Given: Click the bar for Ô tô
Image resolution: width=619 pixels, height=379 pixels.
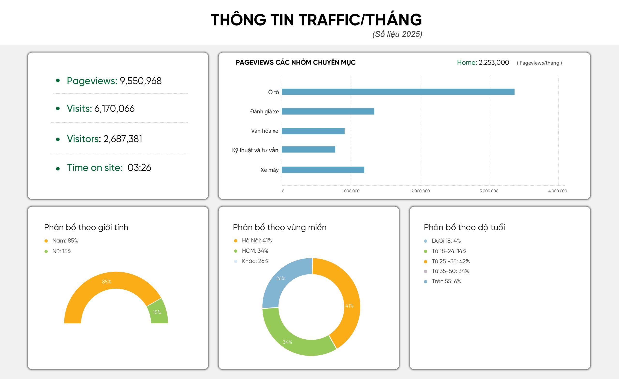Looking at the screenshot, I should click(398, 92).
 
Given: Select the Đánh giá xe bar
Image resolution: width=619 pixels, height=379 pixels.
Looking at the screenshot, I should click(328, 111).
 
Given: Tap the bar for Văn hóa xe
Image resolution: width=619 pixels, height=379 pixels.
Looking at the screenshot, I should click(313, 131).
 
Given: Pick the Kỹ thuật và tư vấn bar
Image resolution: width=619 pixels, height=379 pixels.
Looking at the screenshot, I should click(308, 149).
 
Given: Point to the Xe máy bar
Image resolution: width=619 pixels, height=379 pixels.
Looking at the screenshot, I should click(323, 170).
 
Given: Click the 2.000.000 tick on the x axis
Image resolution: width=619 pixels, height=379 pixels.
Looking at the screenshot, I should click(420, 191).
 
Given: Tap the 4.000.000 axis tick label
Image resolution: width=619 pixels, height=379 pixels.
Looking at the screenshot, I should click(557, 191).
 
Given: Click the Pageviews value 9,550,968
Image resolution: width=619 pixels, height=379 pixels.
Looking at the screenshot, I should click(140, 81).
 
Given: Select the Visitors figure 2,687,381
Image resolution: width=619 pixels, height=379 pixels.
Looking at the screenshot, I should click(123, 139).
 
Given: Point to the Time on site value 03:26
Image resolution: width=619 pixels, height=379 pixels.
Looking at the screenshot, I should click(139, 168).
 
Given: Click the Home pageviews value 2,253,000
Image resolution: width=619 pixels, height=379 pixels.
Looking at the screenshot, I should click(494, 63).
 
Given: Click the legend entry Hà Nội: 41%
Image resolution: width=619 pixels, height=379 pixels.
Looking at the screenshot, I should click(257, 240).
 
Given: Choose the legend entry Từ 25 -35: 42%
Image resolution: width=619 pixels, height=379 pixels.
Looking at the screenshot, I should click(450, 261).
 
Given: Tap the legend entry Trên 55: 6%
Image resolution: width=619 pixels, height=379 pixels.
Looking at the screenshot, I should click(446, 281).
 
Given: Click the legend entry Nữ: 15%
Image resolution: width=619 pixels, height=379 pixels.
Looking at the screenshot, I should click(62, 251).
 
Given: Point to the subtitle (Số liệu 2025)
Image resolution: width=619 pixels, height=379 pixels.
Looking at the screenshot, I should click(397, 34).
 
